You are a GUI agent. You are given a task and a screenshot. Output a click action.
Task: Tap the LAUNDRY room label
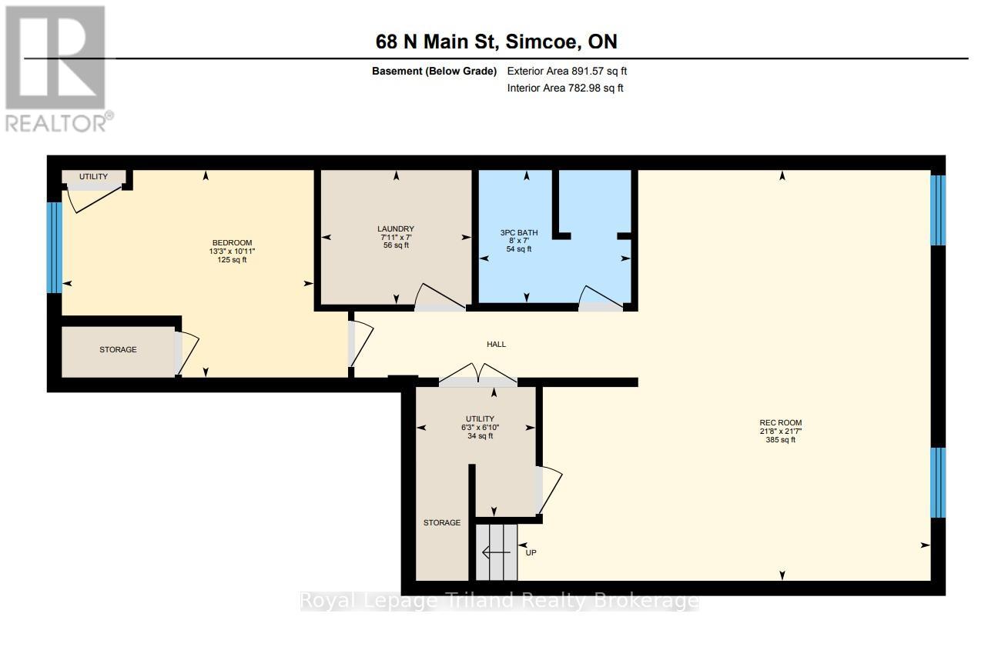(x=396, y=228)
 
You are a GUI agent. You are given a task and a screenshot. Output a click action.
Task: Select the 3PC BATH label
(x=519, y=232)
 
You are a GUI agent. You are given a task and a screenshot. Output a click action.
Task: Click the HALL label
(x=496, y=344)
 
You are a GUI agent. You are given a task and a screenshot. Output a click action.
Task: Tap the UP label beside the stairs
(x=530, y=552)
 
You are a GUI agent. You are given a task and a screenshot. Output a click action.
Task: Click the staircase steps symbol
(x=496, y=552)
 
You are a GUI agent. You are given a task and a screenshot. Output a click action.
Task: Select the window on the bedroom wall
(x=53, y=248)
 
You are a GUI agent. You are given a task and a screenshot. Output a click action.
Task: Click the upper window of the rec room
(x=937, y=210)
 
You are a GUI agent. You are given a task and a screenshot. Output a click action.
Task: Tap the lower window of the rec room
(x=937, y=482)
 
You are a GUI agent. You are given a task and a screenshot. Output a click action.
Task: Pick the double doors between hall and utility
(x=477, y=375)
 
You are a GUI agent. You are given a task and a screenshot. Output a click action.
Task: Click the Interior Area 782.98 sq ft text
(x=565, y=88)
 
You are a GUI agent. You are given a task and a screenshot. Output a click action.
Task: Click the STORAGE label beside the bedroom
(x=118, y=349)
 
